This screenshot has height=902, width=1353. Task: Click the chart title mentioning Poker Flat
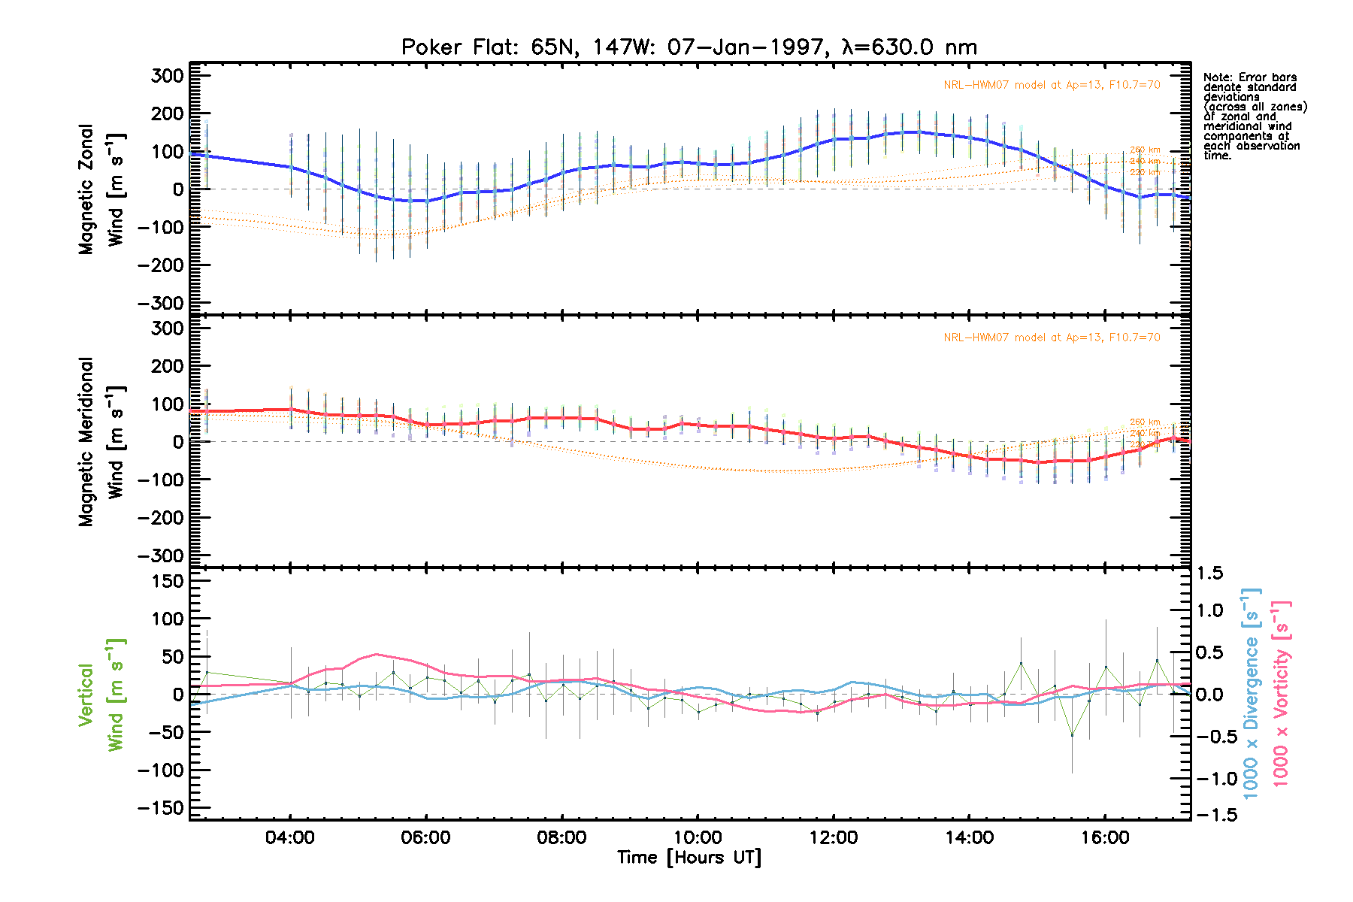(689, 47)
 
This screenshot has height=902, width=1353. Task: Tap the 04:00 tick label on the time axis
(290, 837)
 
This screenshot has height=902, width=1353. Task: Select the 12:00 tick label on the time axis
(834, 837)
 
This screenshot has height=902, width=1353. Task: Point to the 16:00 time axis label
(1105, 837)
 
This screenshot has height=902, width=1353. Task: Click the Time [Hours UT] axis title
(689, 858)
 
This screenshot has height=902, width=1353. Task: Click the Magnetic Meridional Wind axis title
(101, 442)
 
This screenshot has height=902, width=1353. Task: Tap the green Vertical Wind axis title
(101, 695)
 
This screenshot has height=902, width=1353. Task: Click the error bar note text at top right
(1254, 117)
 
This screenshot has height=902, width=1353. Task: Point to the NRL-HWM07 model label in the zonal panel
(1052, 85)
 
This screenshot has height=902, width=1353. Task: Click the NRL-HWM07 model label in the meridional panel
(1052, 337)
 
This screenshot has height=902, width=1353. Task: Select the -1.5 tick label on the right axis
(1213, 815)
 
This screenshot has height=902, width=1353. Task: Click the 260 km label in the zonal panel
(1144, 150)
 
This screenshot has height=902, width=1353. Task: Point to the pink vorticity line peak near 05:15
(376, 654)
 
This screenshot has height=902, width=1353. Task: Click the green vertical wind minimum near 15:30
(1072, 735)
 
